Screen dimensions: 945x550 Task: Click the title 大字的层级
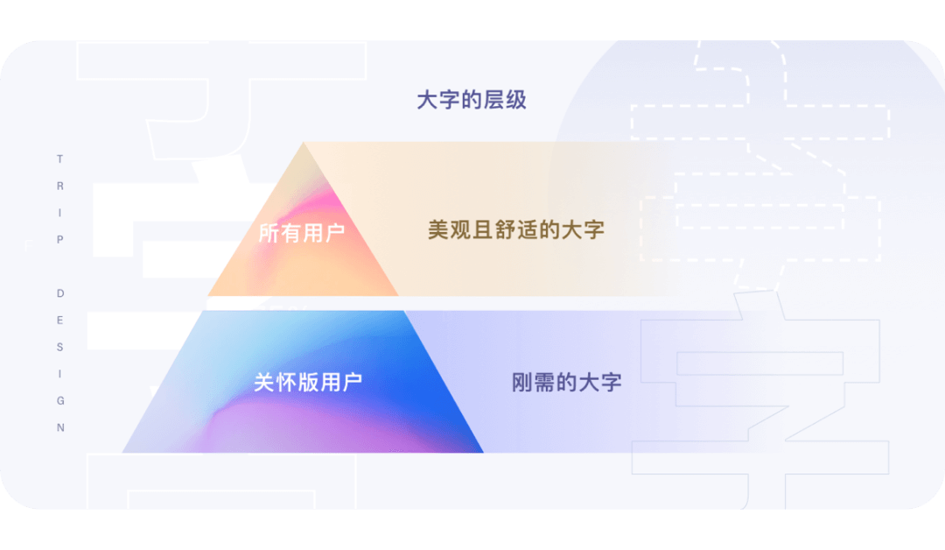click(472, 100)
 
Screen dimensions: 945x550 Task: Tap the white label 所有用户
click(302, 233)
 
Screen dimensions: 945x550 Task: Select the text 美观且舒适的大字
click(516, 230)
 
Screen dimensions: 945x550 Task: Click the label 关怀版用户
click(307, 382)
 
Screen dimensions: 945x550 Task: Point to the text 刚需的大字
click(566, 382)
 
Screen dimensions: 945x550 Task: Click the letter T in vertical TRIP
click(59, 159)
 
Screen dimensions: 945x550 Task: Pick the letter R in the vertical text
click(59, 187)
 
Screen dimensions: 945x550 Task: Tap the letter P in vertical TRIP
click(59, 240)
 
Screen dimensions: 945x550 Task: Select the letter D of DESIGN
click(59, 293)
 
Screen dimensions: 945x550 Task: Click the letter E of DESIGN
click(59, 321)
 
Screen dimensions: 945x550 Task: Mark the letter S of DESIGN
click(59, 347)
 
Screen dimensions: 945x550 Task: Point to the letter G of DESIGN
click(59, 401)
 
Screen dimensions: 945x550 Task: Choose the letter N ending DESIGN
click(59, 428)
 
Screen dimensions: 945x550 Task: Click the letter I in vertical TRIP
click(59, 213)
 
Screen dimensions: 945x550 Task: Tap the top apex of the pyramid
click(304, 145)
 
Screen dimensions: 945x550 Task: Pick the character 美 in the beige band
click(437, 230)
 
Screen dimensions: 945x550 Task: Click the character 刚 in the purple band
click(522, 382)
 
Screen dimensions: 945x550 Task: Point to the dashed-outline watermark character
click(761, 166)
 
